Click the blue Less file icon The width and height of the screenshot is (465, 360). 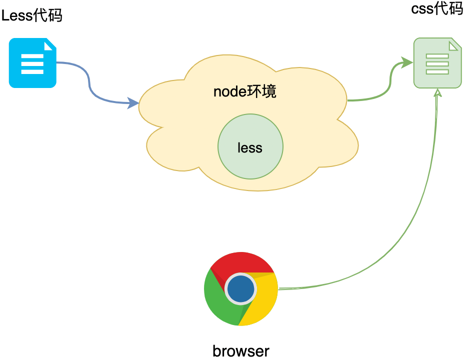coord(32,63)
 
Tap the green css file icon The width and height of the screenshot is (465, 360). coord(437,64)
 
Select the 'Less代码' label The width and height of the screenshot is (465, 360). coord(32,15)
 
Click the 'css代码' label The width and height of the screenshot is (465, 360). coord(437,8)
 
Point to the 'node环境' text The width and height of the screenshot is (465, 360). coord(244,91)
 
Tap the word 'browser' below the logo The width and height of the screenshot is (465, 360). coord(241,350)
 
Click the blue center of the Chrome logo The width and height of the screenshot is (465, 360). coord(241,289)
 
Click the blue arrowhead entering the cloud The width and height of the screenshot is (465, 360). coord(134,103)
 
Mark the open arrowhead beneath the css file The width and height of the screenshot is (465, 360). coord(438,93)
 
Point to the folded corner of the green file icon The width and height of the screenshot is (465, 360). coord(454,45)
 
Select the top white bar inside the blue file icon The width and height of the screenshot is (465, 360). coord(32,56)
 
